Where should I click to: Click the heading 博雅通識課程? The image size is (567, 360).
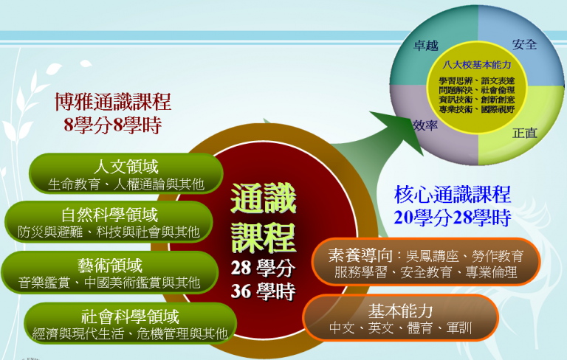pyautogui.click(x=113, y=102)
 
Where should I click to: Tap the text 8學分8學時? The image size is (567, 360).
pyautogui.click(x=113, y=125)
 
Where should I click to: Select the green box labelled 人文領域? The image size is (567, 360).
pyautogui.click(x=126, y=173)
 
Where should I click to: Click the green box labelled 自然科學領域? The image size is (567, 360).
pyautogui.click(x=109, y=221)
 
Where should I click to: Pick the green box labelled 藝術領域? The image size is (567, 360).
pyautogui.click(x=110, y=272)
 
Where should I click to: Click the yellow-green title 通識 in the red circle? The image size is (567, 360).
pyautogui.click(x=264, y=198)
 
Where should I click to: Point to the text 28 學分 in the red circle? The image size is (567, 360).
pyautogui.click(x=263, y=268)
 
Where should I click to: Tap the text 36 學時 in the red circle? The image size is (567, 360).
pyautogui.click(x=263, y=291)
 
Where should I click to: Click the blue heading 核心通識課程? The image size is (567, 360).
pyautogui.click(x=452, y=194)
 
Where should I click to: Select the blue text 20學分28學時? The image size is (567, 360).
pyautogui.click(x=452, y=218)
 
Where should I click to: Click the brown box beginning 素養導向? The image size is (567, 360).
pyautogui.click(x=426, y=262)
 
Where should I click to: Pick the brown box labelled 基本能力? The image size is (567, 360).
pyautogui.click(x=400, y=318)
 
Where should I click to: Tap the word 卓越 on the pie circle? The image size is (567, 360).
pyautogui.click(x=426, y=46)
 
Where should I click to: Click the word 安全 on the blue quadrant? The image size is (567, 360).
pyautogui.click(x=524, y=44)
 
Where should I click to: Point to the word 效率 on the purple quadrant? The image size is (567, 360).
pyautogui.click(x=425, y=125)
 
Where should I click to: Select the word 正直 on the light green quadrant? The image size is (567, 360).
pyautogui.click(x=525, y=133)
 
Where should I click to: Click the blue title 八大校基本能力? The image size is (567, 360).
pyautogui.click(x=477, y=65)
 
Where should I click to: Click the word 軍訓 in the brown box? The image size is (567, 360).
pyautogui.click(x=459, y=328)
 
